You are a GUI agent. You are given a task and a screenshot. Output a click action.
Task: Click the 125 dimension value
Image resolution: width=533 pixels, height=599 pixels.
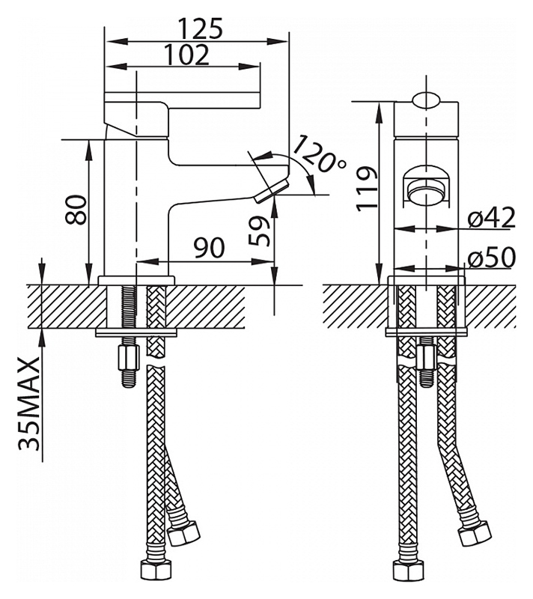pyautogui.click(x=201, y=28)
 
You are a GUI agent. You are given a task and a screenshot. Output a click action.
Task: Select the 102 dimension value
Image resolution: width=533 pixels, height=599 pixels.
pyautogui.click(x=187, y=55)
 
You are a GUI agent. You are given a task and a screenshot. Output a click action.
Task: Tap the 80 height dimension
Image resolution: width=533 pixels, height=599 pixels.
pyautogui.click(x=76, y=210)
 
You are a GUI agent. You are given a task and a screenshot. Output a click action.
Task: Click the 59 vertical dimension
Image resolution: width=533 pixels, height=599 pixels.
pyautogui.click(x=259, y=231)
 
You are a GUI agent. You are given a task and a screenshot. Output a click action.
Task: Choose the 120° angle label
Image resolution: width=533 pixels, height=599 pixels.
pyautogui.click(x=319, y=154)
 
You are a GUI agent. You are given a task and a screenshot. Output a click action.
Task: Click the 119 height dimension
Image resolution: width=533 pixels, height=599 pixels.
pyautogui.click(x=367, y=189)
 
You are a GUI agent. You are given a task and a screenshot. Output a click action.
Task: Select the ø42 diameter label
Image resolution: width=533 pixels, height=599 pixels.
pyautogui.click(x=492, y=218)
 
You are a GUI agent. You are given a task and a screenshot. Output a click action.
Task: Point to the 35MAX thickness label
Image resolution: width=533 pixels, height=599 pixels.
pyautogui.click(x=29, y=404)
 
